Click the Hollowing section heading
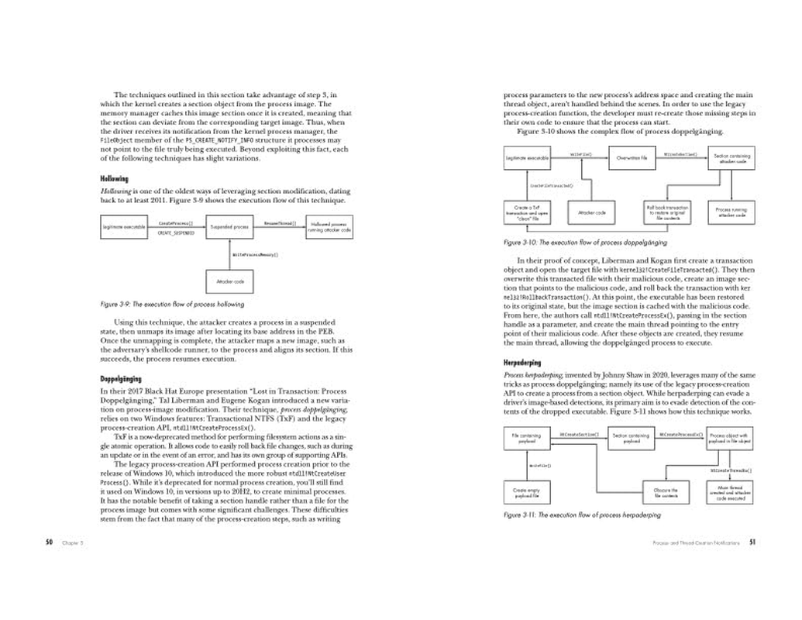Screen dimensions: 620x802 pyautogui.click(x=114, y=179)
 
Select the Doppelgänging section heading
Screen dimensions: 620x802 pyautogui.click(x=121, y=380)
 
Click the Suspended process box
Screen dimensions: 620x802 pyautogui.click(x=229, y=227)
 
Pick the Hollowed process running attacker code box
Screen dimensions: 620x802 pyautogui.click(x=329, y=227)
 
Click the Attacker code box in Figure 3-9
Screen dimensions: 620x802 pyautogui.click(x=230, y=281)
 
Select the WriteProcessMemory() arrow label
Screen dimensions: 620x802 pyautogui.click(x=255, y=254)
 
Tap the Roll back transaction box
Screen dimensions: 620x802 pyautogui.click(x=666, y=212)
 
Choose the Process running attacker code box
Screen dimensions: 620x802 pyautogui.click(x=731, y=212)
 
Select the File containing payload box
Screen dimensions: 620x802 pyautogui.click(x=526, y=439)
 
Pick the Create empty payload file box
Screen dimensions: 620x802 pyautogui.click(x=526, y=491)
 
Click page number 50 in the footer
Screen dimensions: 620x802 pyautogui.click(x=48, y=542)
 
